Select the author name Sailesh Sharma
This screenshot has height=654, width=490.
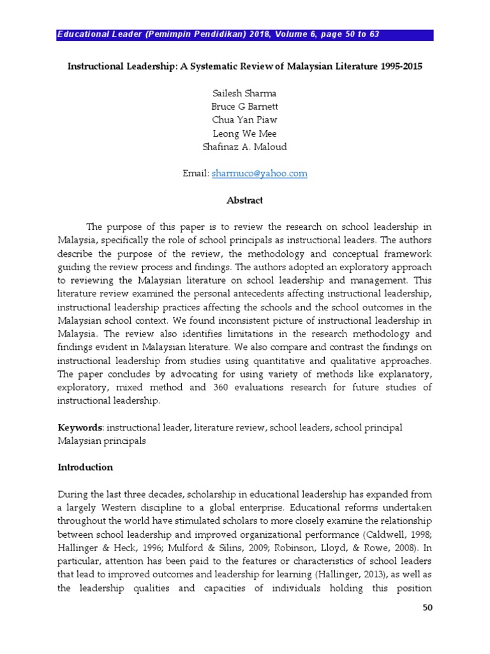[x=245, y=93]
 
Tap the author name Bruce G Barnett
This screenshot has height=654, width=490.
[x=245, y=106]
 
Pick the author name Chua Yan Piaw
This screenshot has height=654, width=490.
[x=245, y=119]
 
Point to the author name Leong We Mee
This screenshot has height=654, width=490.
[x=245, y=133]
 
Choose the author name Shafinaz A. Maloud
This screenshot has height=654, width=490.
[x=245, y=146]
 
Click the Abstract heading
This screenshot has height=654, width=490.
[x=245, y=201]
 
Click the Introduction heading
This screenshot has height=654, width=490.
[x=85, y=468]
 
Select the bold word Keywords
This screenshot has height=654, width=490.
[x=80, y=428]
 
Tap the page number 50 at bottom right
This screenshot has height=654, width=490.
[x=427, y=607]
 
